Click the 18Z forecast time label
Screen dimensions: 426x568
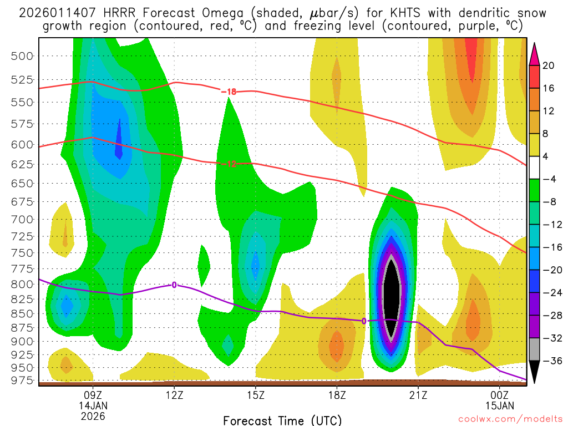point(337,395)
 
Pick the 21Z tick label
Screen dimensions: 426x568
point(418,395)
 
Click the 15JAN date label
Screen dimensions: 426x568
point(500,405)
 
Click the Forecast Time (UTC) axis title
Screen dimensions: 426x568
point(282,420)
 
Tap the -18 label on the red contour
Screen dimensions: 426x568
point(229,92)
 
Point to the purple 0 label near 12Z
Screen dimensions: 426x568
point(174,285)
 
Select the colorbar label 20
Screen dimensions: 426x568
point(549,65)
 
